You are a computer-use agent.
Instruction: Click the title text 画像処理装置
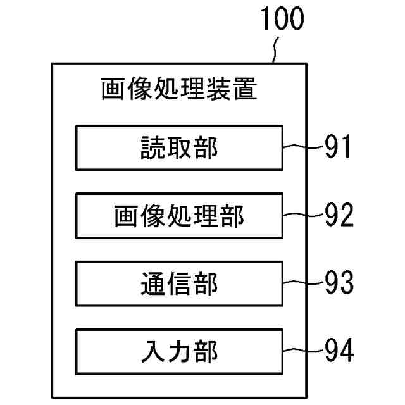coord(178,89)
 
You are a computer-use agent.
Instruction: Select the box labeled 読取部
coord(179,148)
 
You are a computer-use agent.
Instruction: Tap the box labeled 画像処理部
coord(179,216)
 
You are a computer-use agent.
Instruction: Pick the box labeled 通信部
coord(179,283)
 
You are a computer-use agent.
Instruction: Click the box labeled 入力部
coord(179,351)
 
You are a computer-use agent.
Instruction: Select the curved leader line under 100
coord(275,49)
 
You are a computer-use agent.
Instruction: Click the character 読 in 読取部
coord(153,149)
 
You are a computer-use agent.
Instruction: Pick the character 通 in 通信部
coord(153,284)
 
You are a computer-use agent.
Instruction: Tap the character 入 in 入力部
coord(153,351)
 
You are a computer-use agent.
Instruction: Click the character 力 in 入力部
coord(179,351)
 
